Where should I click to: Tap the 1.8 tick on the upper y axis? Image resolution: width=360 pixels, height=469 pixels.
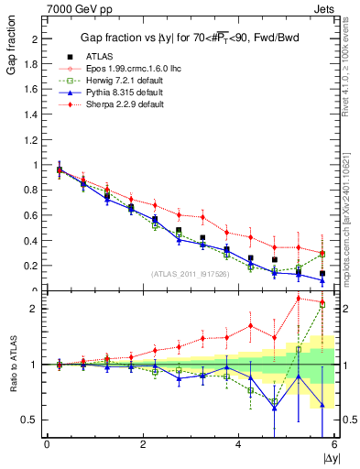[x=31, y=65]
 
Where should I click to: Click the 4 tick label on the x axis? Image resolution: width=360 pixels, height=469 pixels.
[x=238, y=443]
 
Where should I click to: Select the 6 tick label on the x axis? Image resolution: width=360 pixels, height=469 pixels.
[x=333, y=443]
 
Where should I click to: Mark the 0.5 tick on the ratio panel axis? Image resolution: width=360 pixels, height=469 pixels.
[x=29, y=420]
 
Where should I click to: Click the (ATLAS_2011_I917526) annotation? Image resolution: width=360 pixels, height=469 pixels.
[x=190, y=273]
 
